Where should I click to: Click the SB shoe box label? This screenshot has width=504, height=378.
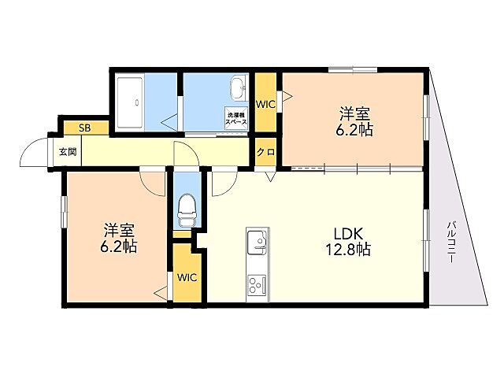[x=85, y=128]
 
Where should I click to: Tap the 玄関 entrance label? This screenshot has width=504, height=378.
[x=68, y=151]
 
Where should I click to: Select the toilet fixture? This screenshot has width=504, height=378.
[x=187, y=209]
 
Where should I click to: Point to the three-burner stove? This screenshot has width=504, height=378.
[x=257, y=285]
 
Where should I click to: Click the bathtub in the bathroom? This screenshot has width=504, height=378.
[x=129, y=102]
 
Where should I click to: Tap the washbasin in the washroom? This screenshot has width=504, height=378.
[x=238, y=87]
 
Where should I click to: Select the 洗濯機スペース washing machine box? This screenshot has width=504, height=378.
[x=236, y=117]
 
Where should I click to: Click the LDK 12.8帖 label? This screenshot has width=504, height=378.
[x=348, y=242]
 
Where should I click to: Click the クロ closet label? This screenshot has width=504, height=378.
[x=265, y=152]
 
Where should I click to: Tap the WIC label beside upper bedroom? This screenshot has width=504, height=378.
[x=265, y=104]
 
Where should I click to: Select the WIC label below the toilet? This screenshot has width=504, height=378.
[x=187, y=277]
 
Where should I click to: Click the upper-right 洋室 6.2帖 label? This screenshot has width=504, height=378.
[x=354, y=121]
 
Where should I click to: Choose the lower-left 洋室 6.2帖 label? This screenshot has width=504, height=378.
[x=119, y=238]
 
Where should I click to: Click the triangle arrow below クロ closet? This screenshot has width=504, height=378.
[x=271, y=176]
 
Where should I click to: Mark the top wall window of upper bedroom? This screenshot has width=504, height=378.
[x=353, y=69]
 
